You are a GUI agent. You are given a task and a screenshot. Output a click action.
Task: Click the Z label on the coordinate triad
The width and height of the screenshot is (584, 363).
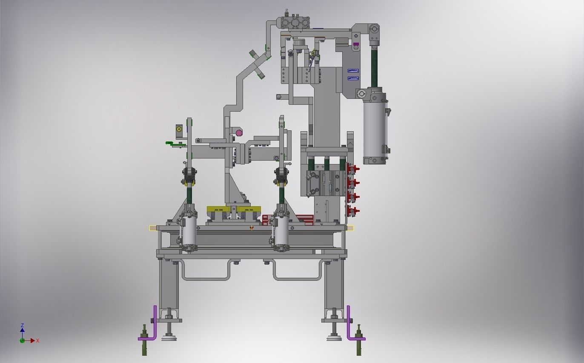point(22,326)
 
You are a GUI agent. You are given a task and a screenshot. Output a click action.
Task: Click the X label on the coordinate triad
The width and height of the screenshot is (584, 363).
point(38,341)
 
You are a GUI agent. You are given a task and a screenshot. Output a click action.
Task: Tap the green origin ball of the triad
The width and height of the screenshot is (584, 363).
point(22,340)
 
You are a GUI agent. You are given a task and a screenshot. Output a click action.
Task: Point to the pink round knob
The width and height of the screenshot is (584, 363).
point(239,133)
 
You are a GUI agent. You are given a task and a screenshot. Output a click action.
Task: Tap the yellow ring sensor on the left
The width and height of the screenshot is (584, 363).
point(179,129)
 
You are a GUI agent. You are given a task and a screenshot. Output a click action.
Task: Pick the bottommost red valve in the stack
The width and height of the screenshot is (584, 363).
point(352,210)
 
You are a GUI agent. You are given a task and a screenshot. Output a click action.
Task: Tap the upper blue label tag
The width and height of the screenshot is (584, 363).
point(353,71)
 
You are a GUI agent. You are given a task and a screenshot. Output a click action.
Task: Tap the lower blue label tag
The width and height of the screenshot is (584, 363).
point(353,78)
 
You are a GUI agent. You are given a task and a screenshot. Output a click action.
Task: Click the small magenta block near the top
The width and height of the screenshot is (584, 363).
point(356,44)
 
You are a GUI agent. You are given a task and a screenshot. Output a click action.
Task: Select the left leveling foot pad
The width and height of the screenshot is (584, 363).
point(170,338)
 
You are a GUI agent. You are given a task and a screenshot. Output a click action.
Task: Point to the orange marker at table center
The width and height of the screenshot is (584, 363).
point(252,228)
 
